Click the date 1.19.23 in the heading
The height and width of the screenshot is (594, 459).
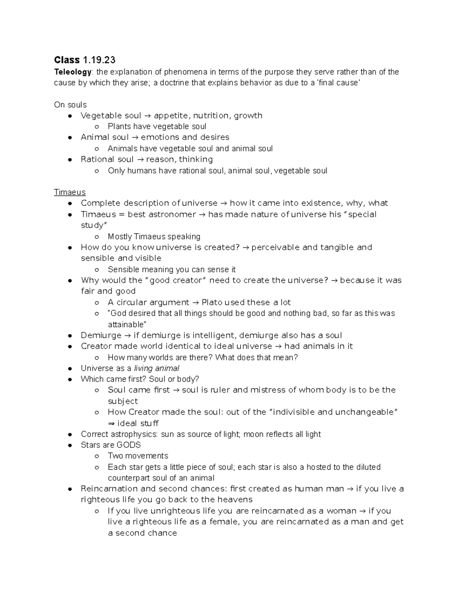(99, 60)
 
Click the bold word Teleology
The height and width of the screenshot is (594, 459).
(73, 72)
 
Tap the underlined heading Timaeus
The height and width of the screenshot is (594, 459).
(70, 192)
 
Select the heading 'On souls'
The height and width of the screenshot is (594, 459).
(70, 105)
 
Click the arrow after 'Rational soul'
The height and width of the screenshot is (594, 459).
(140, 159)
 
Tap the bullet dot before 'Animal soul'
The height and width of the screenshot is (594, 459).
(70, 137)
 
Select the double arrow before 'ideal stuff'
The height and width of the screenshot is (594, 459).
(111, 423)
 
